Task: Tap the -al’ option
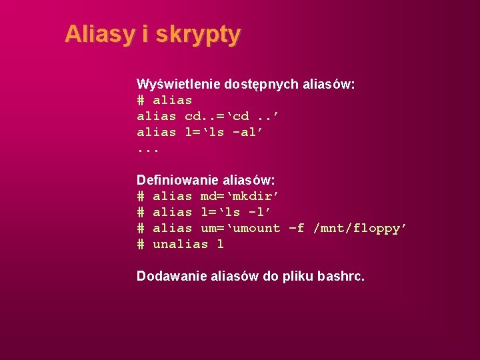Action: coord(248,132)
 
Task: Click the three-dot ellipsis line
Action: coord(148,149)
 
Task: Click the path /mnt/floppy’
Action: coord(360,228)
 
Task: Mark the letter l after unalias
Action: coord(221,244)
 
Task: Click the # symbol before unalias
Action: coord(141,244)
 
